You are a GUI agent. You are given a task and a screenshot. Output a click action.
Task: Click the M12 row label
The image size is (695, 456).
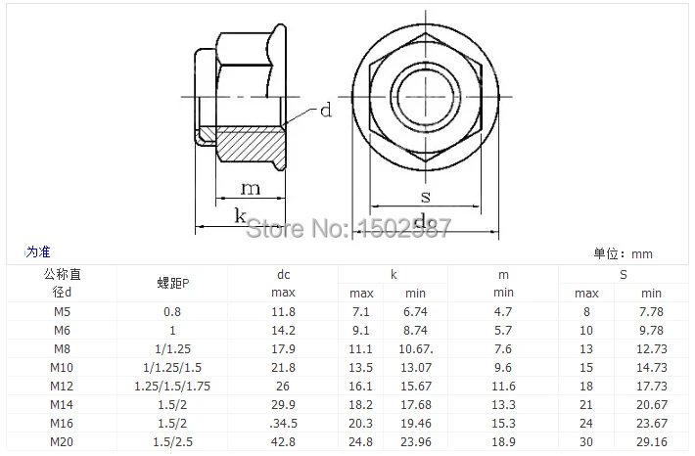[x=62, y=386]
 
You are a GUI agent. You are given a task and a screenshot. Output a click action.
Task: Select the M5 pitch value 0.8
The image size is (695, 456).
[x=172, y=312]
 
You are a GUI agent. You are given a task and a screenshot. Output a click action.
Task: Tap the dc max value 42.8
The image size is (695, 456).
[x=283, y=442]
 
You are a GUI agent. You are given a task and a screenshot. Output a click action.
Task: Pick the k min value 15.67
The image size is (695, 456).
[x=416, y=386]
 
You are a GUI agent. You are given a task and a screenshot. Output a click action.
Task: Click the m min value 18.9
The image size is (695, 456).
[x=503, y=442]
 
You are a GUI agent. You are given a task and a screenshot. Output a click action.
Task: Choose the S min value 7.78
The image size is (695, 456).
[x=651, y=312]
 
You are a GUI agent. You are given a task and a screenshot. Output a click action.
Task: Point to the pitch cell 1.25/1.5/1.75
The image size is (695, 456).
[x=172, y=386]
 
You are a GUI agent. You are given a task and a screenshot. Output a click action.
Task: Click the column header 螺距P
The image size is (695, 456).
[x=173, y=283]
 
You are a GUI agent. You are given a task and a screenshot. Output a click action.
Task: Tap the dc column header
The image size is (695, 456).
[x=283, y=275]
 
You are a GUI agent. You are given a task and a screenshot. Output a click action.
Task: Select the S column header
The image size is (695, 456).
[x=624, y=275]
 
